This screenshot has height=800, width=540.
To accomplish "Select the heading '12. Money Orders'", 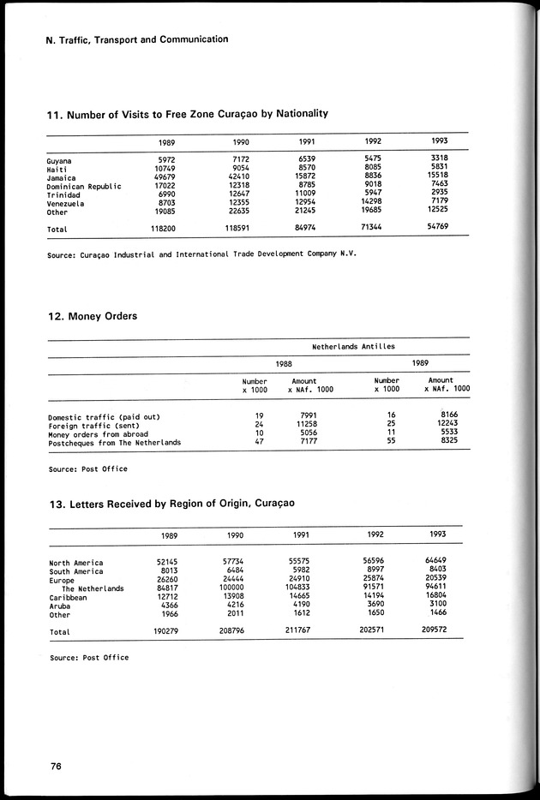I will coord(93,316).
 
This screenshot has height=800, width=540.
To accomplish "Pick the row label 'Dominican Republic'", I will coord(84,186).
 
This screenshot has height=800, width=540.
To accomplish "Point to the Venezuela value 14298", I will coord(375,202).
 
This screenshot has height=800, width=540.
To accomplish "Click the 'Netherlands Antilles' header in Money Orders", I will coord(353,347).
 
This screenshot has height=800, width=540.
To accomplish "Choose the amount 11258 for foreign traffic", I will coord(305,425).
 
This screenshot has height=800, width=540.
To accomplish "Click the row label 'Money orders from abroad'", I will coord(98,433).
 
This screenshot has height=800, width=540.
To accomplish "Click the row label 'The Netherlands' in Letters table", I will coord(93,588).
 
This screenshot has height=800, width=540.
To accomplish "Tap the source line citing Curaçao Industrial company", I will coord(201,254).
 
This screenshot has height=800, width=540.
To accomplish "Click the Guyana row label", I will coord(59,161).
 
